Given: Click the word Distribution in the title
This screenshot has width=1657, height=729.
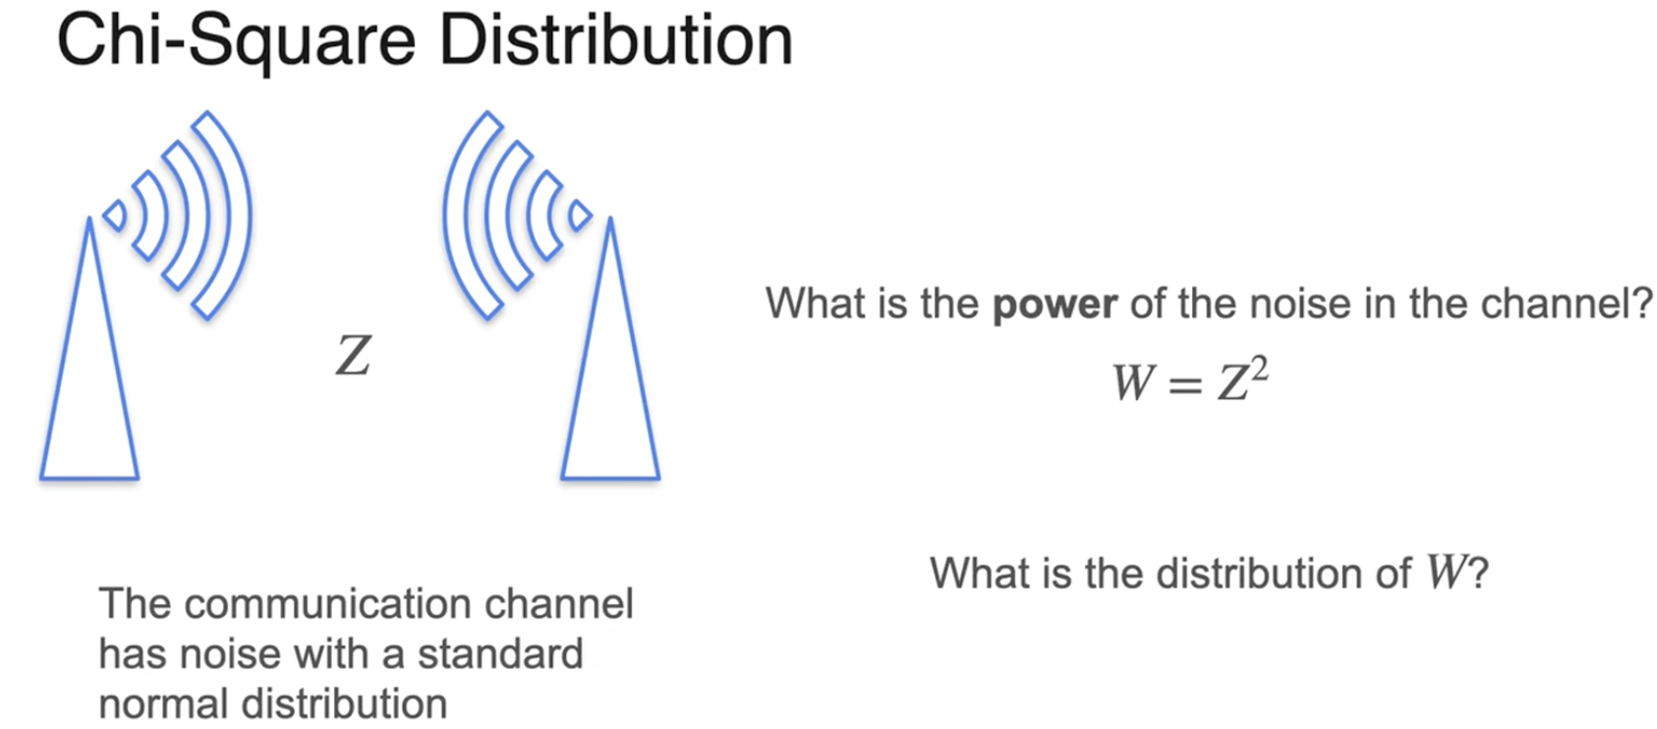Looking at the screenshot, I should pos(615,41).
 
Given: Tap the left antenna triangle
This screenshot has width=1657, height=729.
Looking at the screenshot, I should pos(89,393).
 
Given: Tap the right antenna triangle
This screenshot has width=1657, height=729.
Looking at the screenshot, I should pos(610,393).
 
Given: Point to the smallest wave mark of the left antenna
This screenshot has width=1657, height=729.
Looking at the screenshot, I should pos(115,215).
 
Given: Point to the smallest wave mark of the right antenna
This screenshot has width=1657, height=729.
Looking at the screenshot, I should pos(581,215).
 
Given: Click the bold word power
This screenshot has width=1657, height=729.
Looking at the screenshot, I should pos(1055,305).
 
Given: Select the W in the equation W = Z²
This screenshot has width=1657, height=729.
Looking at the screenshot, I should pos(1132,381).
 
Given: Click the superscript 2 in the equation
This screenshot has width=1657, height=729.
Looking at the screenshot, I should pos(1260,368).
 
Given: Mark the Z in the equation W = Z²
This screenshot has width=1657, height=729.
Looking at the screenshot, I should pos(1232,382).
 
